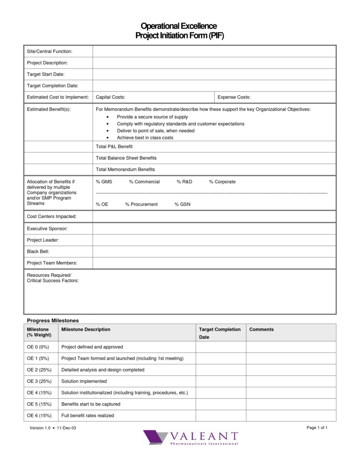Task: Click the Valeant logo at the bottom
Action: click(191, 438)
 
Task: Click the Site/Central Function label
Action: click(50, 51)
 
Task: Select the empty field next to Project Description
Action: click(214, 63)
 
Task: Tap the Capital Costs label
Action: click(110, 97)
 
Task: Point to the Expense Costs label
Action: click(234, 97)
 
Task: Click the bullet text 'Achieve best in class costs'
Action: click(145, 138)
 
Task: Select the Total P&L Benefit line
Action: click(114, 147)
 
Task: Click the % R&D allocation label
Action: click(184, 182)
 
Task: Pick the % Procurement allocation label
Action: click(141, 204)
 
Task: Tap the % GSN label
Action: click(182, 204)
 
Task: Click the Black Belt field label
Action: click(38, 251)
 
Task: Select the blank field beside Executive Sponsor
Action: click(214, 229)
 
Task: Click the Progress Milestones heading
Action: click(53, 320)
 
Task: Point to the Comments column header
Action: click(261, 330)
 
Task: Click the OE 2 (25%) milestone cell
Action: click(39, 370)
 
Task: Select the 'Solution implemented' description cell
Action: click(84, 381)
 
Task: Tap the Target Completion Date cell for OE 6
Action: click(221, 416)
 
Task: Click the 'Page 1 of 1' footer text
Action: click(317, 428)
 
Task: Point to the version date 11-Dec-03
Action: click(66, 428)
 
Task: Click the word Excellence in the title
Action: click(199, 26)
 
